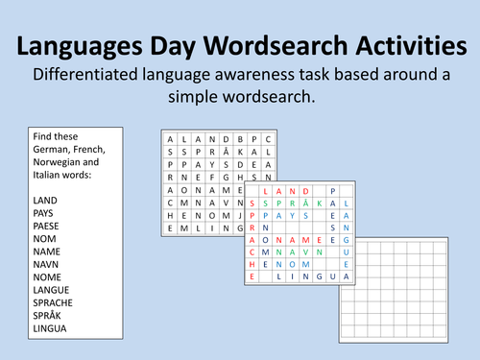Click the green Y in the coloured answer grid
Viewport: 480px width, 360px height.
coord(293,216)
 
